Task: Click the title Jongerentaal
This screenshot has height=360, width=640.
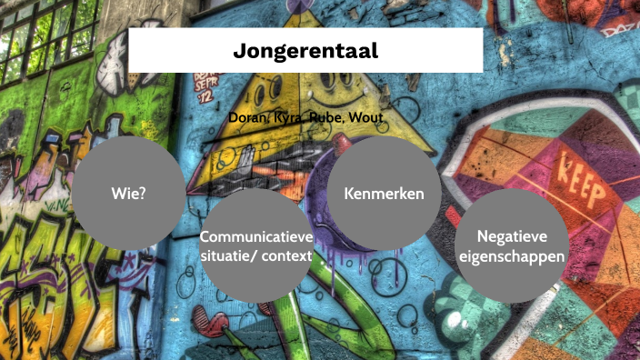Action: point(305,51)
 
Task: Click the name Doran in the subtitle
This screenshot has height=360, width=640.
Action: point(247,118)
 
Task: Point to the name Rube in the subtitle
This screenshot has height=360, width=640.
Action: point(328,118)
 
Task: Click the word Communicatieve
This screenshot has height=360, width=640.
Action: point(256,237)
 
